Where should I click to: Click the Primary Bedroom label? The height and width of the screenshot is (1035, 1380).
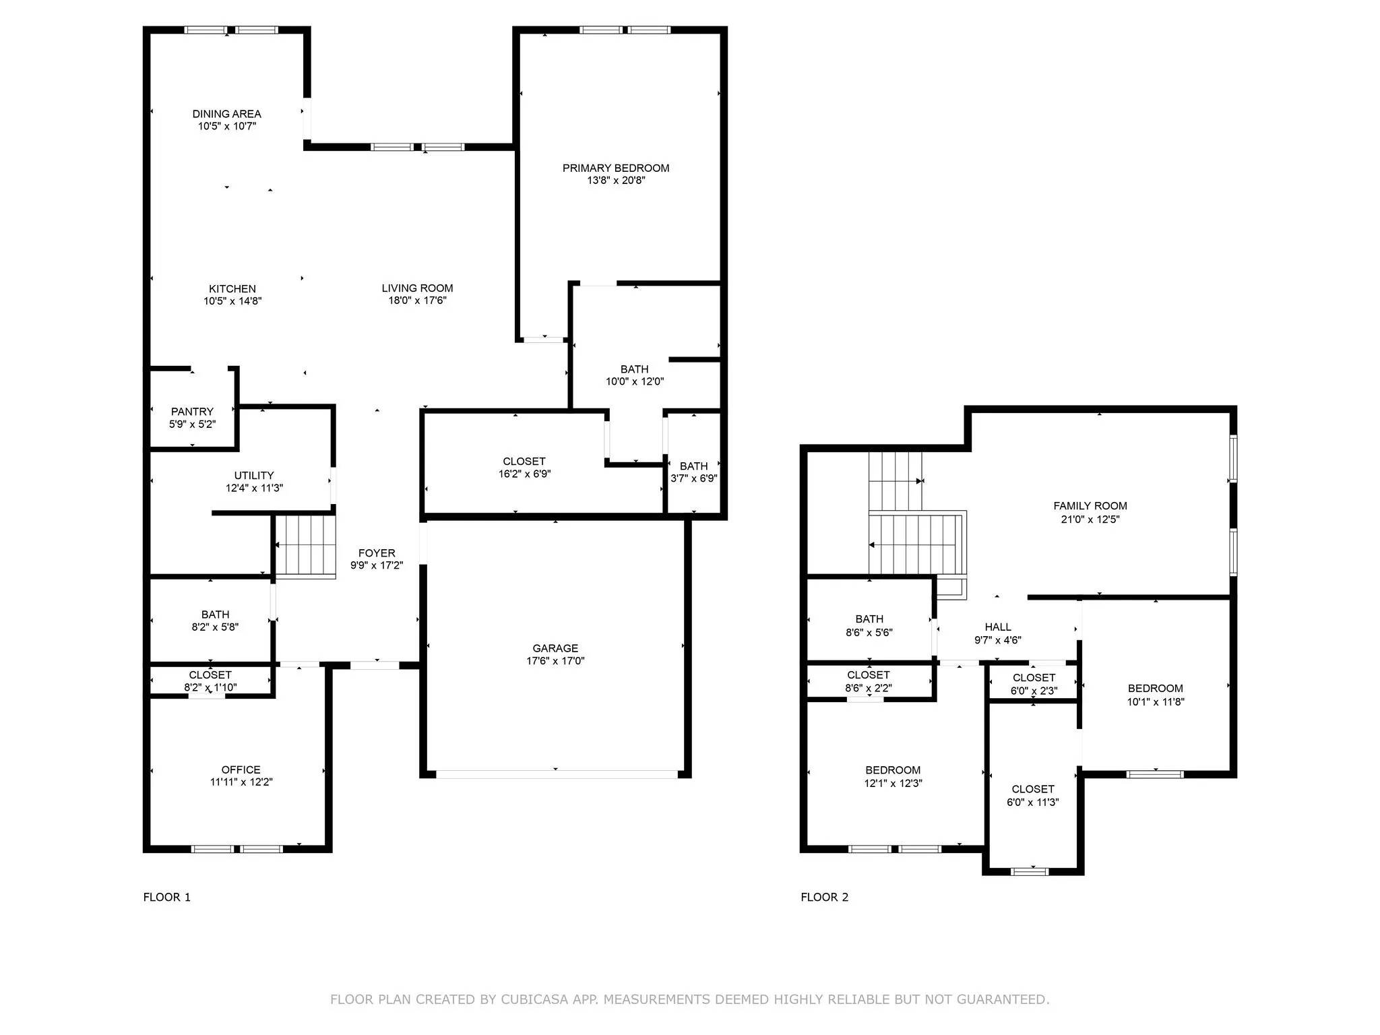616,168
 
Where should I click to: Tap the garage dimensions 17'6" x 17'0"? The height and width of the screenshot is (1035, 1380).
555,661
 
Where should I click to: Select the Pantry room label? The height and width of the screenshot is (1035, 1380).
192,412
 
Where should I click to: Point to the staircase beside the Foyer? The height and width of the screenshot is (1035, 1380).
305,546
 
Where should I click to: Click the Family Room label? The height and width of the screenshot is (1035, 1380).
1090,506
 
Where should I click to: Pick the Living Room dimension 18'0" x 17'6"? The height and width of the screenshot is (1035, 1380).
417,301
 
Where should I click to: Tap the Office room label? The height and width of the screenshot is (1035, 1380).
241,770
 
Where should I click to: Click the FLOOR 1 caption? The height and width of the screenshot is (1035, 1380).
166,897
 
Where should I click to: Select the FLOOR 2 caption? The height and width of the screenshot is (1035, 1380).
824,897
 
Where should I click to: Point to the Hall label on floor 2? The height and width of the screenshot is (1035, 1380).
997,627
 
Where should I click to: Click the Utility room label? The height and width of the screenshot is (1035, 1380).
254,476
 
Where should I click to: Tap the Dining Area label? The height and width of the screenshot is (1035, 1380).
226,114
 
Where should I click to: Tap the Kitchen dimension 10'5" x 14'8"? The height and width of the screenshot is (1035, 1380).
232,301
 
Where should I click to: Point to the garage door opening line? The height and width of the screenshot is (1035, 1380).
557,775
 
